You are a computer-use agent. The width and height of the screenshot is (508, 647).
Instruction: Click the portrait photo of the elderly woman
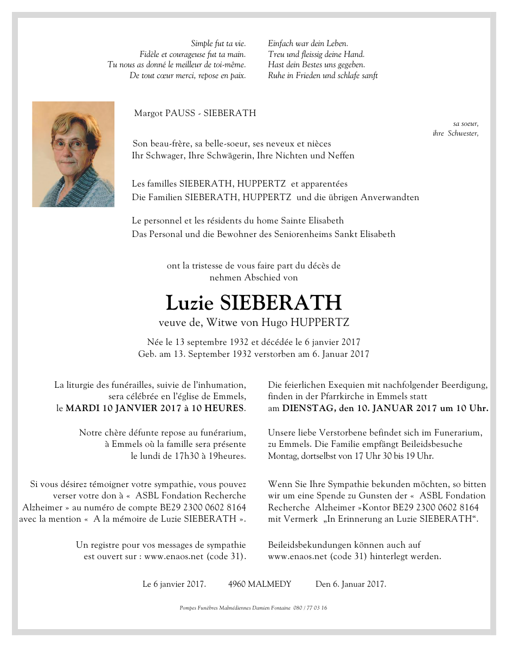click(x=73, y=154)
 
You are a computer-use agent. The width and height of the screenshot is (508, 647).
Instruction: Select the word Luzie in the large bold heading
click(x=189, y=303)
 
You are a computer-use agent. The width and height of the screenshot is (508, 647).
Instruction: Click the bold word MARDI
click(x=84, y=408)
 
